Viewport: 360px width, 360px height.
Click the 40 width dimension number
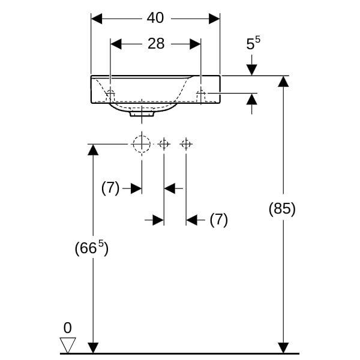155,18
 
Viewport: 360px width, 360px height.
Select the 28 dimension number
155,44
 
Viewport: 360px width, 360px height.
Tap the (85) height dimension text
282,209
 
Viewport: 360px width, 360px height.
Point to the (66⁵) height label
91,247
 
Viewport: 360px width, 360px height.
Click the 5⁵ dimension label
253,44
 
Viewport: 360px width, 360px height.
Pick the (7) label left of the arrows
110,188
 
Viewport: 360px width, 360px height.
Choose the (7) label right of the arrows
218,220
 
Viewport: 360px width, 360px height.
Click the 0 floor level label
67,328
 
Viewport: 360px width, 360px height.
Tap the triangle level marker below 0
67,345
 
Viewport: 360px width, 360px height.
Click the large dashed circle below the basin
142,144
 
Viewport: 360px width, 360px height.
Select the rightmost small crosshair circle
186,143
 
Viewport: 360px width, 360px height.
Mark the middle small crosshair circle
164,143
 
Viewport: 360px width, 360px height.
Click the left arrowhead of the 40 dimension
97,18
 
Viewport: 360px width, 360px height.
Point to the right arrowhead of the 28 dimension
195,44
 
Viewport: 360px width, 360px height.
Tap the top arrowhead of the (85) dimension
283,82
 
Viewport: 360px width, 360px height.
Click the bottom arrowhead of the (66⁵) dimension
92,347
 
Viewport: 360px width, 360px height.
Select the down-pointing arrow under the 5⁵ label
251,69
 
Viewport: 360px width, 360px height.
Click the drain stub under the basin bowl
142,112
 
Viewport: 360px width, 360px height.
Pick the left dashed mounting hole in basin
111,94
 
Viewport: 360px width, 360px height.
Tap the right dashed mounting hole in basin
201,94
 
